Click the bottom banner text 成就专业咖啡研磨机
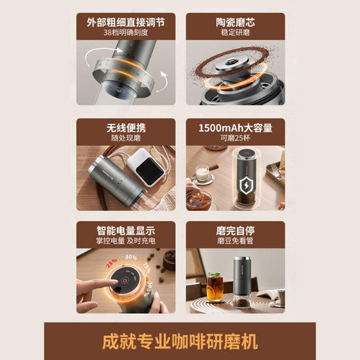click(x=179, y=341)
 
